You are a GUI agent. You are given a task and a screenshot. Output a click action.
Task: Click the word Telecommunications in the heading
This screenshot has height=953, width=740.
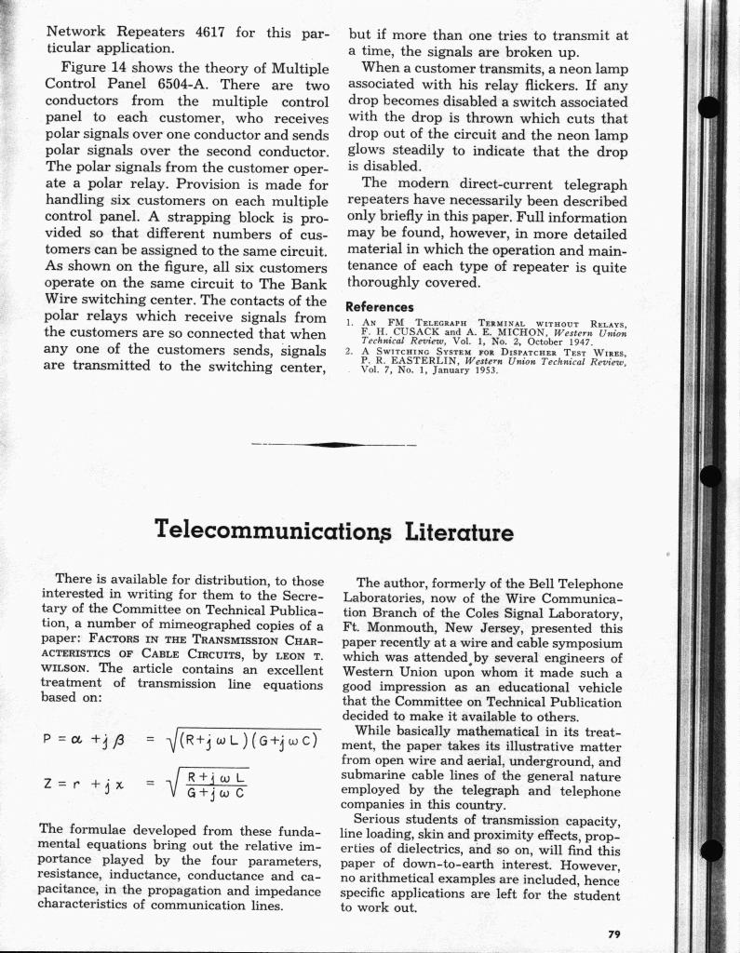279,531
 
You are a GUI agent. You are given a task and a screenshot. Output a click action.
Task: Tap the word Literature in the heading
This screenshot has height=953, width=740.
460,531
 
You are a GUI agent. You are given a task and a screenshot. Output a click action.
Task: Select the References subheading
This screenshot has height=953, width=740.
379,306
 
